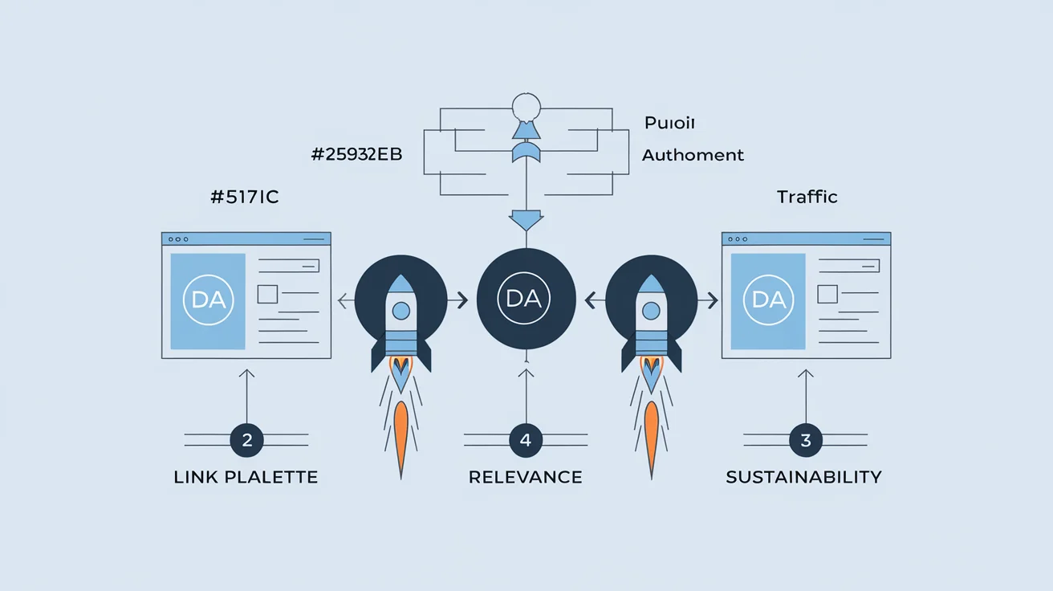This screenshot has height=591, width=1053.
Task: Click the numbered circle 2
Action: coord(247,440)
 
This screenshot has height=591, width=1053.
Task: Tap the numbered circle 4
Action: coord(526,440)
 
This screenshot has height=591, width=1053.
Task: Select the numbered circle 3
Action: coord(806,440)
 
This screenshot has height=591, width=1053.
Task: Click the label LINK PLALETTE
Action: coord(246,477)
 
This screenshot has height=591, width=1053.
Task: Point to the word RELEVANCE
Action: coord(525,477)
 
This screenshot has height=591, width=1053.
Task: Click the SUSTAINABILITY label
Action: coord(803,477)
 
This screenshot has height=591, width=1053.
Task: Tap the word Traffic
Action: coord(807,197)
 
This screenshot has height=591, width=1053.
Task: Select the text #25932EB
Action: coord(357,154)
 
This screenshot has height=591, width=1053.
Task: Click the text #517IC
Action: coord(245,197)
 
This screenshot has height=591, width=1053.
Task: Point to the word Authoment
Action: coord(693,155)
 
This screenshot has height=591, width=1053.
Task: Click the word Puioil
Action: coord(669,123)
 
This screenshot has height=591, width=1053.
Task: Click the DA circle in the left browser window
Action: coord(208,300)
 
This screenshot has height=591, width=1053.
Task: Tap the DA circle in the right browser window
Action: coord(768,300)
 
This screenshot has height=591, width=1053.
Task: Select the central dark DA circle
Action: coord(526,299)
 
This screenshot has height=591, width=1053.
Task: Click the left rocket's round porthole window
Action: coord(401,311)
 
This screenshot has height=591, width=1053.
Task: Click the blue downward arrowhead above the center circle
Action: coord(526,221)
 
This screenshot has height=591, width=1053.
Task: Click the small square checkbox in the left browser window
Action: coord(267,295)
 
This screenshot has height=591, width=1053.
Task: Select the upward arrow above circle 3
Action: coord(806,396)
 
